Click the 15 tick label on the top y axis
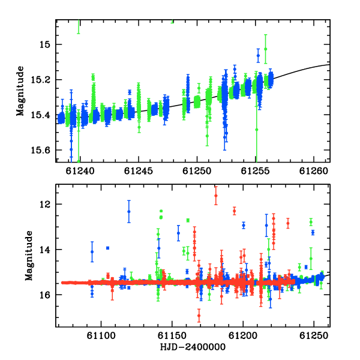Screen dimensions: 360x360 point(45,44)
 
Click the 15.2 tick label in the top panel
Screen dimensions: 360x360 point(40,80)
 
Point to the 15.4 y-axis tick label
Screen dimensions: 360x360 point(40,115)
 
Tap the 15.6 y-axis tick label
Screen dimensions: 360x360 point(40,150)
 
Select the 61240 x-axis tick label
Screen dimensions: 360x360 point(80,171)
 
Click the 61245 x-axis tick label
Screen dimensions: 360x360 point(139,171)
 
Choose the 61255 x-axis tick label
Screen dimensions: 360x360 point(255,171)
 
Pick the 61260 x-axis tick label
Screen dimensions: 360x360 point(314,171)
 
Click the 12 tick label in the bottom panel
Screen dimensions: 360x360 point(45,204)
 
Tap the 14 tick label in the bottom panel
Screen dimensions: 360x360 point(45,250)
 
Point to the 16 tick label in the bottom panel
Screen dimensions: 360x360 point(45,295)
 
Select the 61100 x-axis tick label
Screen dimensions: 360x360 point(101,336)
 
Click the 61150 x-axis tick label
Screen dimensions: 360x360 point(172,336)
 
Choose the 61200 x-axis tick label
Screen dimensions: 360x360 point(243,336)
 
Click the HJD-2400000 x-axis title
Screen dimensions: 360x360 point(193,347)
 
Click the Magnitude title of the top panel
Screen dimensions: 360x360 point(20,91)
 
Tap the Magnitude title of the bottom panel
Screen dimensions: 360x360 point(29,256)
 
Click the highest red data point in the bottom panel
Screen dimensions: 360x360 point(216,196)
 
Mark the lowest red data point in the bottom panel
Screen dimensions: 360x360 point(199,316)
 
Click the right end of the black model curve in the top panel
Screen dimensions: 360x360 point(330,65)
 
